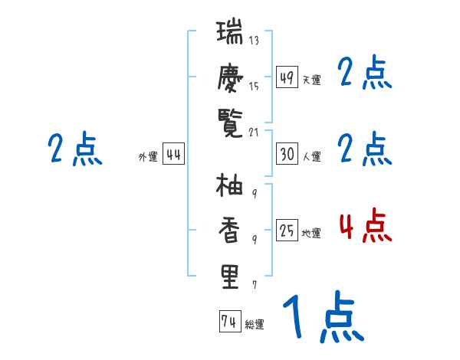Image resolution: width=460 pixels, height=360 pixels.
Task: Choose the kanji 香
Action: pos(229,231)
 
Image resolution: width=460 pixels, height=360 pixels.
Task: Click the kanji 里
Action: pos(229,277)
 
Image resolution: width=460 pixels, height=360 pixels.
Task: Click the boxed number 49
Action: pos(287,77)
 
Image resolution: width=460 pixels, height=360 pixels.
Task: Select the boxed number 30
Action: pos(287,153)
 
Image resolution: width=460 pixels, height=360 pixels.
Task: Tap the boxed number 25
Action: pos(287,230)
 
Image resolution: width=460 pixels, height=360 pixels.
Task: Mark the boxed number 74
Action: pos(228,322)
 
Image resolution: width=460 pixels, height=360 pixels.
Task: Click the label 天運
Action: pos(311,80)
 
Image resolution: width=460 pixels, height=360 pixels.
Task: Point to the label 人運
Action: pos(311,156)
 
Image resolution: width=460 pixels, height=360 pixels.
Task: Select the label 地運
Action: pos(311,233)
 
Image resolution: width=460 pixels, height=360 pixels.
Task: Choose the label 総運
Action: pos(254,325)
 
